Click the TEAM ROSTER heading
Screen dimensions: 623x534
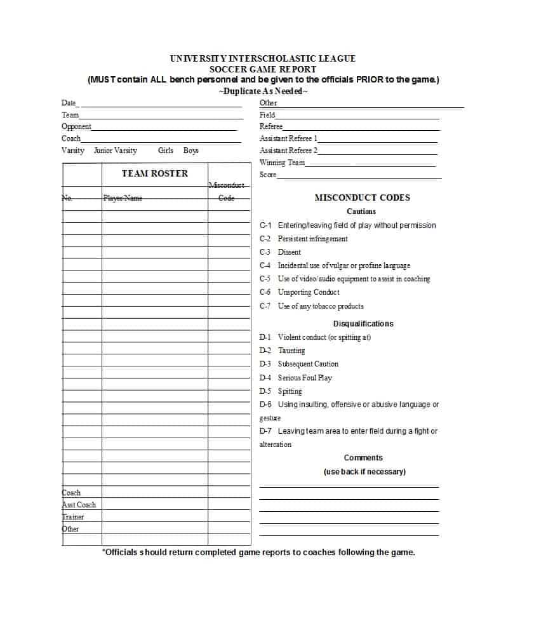pyautogui.click(x=155, y=173)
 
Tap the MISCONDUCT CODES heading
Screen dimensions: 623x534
pyautogui.click(x=362, y=198)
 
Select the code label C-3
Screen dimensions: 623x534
pyautogui.click(x=265, y=252)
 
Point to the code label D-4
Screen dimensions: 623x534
pyautogui.click(x=265, y=378)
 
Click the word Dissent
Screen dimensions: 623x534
pyautogui.click(x=290, y=252)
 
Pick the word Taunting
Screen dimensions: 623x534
pyautogui.click(x=291, y=351)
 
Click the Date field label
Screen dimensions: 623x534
pyautogui.click(x=69, y=103)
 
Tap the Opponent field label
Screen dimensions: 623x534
pyautogui.click(x=76, y=126)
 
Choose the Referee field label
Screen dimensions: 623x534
pyautogui.click(x=271, y=126)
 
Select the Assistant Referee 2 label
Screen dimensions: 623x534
pyautogui.click(x=288, y=151)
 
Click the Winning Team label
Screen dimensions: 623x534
pyautogui.click(x=282, y=163)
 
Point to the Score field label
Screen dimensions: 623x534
pyautogui.click(x=268, y=175)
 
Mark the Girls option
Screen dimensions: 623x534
pyautogui.click(x=166, y=151)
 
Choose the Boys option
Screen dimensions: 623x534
pyautogui.click(x=191, y=151)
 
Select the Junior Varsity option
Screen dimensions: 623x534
pyautogui.click(x=115, y=151)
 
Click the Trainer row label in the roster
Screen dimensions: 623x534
pyautogui.click(x=73, y=517)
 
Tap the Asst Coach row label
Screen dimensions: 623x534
pyautogui.click(x=79, y=505)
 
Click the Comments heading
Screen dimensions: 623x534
pyautogui.click(x=363, y=458)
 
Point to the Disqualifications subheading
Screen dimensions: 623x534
pyautogui.click(x=363, y=324)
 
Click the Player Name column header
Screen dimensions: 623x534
pyautogui.click(x=123, y=198)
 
